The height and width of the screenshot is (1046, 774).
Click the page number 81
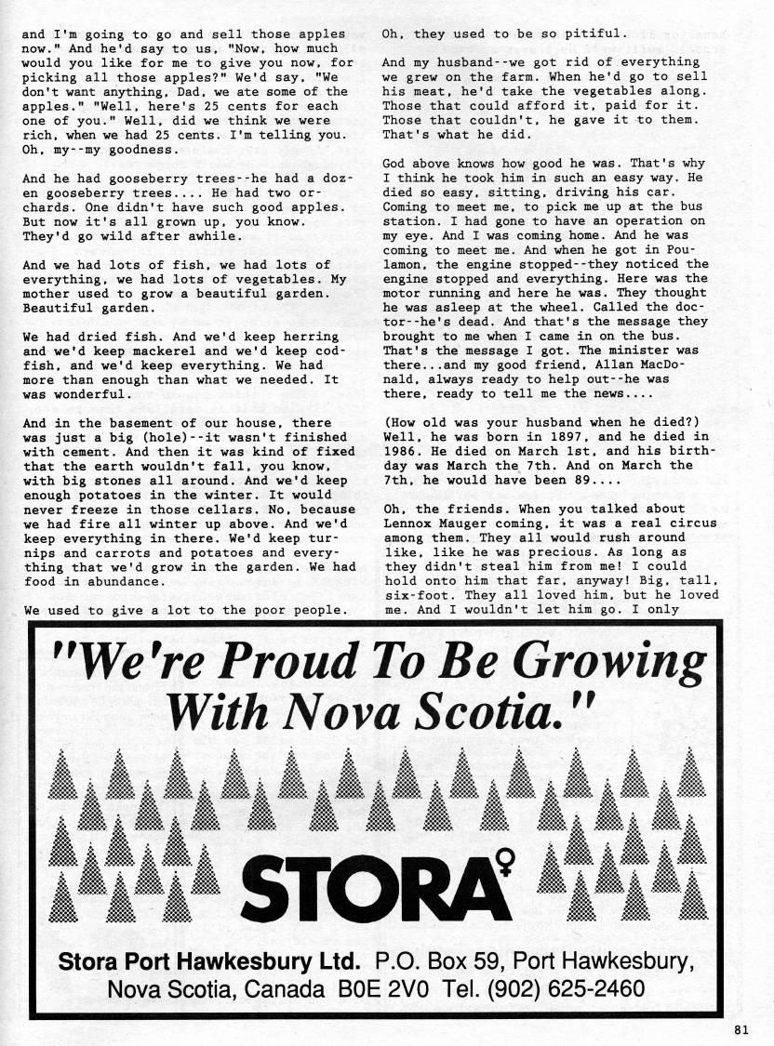pos(740,1028)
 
